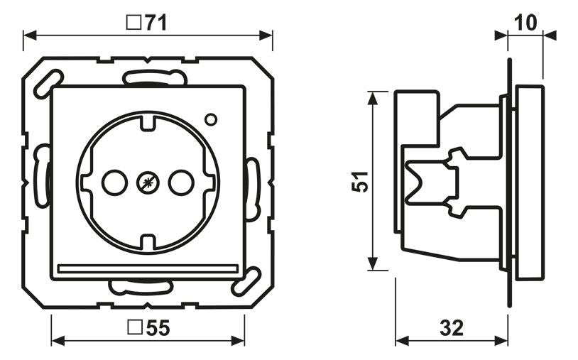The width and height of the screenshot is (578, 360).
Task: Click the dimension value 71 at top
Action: pos(156,23)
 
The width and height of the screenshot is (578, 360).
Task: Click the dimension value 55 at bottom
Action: pos(158,327)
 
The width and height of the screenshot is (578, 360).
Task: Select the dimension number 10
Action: pos(525,23)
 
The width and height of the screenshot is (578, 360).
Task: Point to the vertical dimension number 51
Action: pos(360,181)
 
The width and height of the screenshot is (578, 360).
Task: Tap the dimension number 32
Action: pos(452,327)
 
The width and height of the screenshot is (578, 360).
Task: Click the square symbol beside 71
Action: pos(134,23)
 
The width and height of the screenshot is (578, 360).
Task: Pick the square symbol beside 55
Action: pos(136,327)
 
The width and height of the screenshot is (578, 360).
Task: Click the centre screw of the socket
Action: pos(148,182)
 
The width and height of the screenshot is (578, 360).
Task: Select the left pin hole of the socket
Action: pos(114,182)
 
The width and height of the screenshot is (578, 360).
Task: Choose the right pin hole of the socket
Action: pos(181,182)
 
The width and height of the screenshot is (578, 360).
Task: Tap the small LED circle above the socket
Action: pos(211,119)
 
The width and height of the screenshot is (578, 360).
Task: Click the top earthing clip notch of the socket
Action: pos(148,122)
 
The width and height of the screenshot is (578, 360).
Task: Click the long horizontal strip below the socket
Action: pos(148,268)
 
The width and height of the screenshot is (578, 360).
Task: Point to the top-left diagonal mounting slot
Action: pos(48,84)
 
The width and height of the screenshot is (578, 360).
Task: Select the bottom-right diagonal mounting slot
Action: pos(246,281)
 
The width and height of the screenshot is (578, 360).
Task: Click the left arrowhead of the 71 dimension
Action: pos(30,36)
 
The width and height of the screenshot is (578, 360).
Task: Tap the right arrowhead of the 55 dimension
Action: pos(238,340)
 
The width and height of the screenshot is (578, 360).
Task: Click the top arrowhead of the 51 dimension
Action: pos(373,99)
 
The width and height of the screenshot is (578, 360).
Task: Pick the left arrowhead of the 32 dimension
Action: pos(402,340)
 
